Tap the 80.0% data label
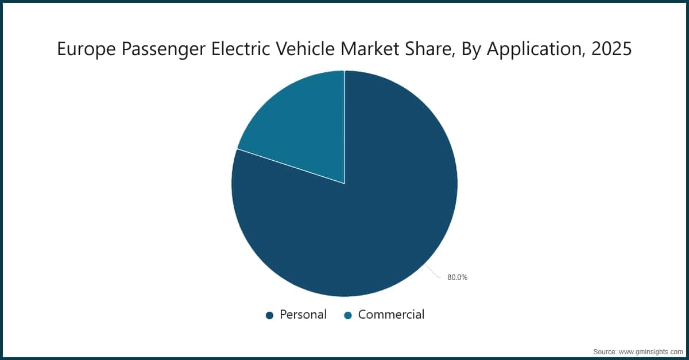pyautogui.click(x=458, y=277)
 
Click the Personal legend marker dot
pyautogui.click(x=269, y=315)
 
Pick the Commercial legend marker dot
pyautogui.click(x=347, y=315)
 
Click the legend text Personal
pyautogui.click(x=303, y=315)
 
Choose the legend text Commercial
pyautogui.click(x=391, y=315)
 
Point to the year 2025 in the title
pyautogui.click(x=611, y=49)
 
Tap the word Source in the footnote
pyautogui.click(x=605, y=351)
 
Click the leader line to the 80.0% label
pyautogui.click(x=435, y=272)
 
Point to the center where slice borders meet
pyautogui.click(x=344, y=184)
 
